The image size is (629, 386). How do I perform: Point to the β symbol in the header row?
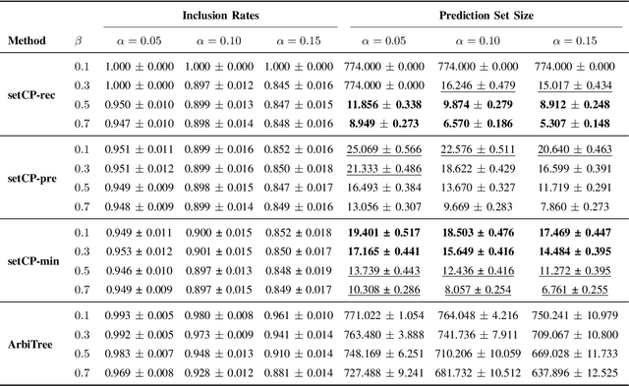(x=80, y=42)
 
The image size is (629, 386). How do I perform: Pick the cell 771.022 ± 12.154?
(x=395, y=313)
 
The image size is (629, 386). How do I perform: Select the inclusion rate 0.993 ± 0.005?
(x=138, y=313)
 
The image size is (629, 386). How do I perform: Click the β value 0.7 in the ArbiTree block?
(x=81, y=373)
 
